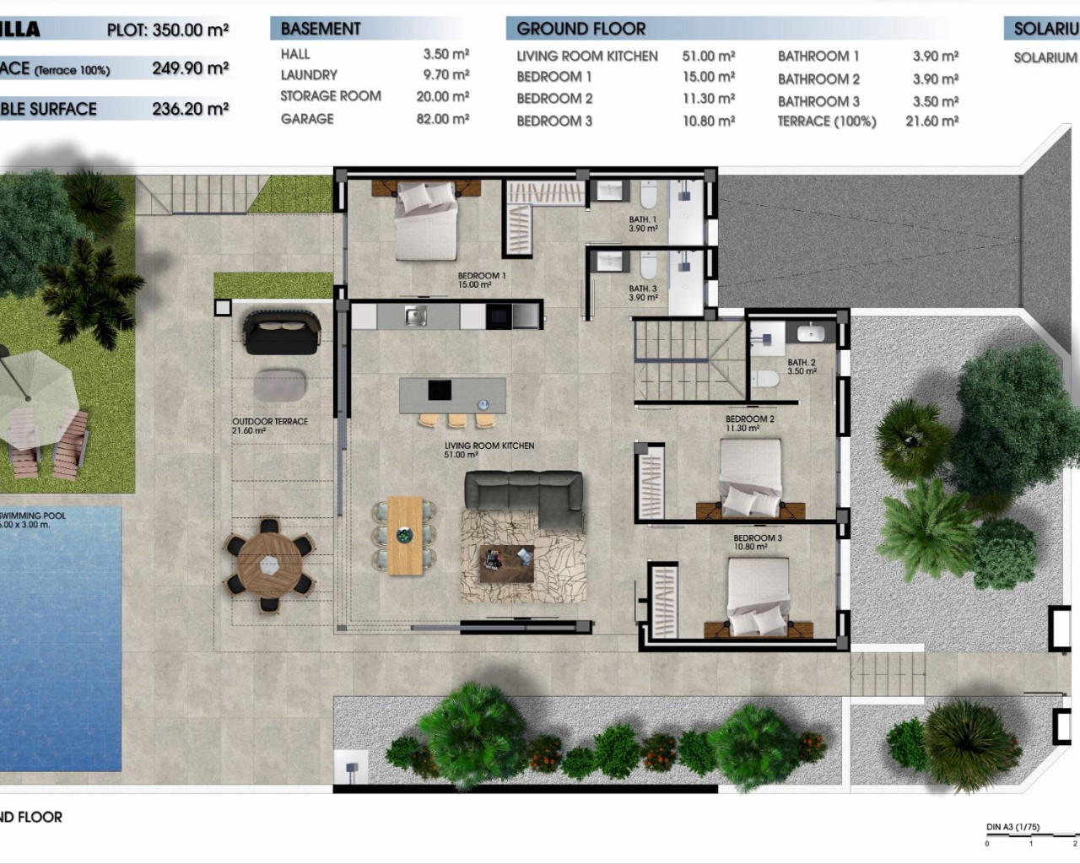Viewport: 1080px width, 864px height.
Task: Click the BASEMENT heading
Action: click(x=321, y=29)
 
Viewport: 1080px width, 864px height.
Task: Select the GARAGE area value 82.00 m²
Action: click(x=442, y=119)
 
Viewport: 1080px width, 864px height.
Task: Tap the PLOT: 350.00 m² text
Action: click(x=168, y=30)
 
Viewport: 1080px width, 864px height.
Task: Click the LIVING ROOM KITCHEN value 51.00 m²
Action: click(x=708, y=57)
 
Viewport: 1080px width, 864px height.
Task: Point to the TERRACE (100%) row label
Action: click(x=826, y=121)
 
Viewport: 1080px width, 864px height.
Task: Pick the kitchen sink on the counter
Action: click(x=414, y=316)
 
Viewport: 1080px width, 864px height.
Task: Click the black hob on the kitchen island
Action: click(x=440, y=390)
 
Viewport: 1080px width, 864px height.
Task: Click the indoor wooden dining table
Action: click(x=405, y=535)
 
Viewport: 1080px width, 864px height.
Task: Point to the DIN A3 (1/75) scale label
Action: click(x=1013, y=827)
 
